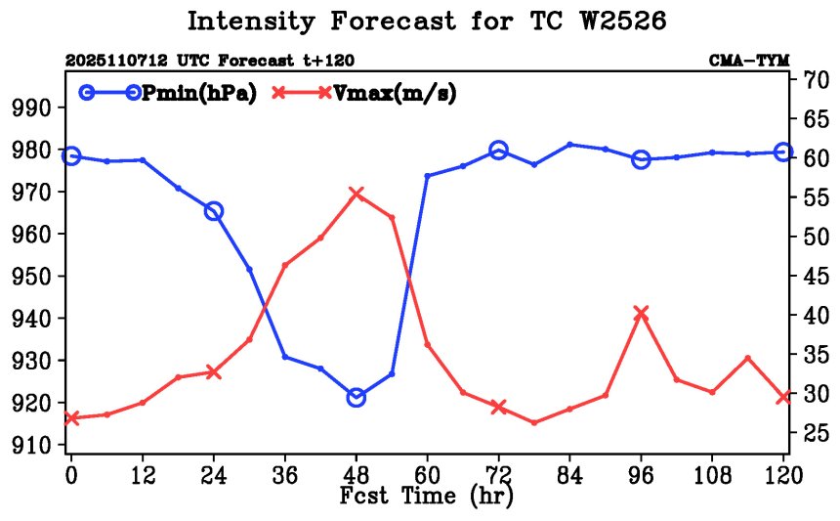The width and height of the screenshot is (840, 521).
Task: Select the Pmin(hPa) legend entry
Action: point(186,93)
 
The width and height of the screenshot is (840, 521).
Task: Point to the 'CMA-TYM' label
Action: point(749,61)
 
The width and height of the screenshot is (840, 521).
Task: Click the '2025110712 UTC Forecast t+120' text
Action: point(210,61)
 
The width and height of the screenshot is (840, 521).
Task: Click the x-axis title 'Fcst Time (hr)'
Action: point(426,496)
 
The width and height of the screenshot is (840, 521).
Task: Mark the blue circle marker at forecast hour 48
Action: point(356,397)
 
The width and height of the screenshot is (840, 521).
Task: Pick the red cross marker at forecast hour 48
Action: point(356,194)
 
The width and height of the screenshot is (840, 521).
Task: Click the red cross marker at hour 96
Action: point(641,313)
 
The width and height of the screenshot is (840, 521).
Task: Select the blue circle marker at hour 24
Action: point(214,211)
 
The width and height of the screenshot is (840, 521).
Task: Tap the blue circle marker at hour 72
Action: point(498,150)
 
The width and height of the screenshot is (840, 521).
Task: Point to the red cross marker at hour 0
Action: point(71,418)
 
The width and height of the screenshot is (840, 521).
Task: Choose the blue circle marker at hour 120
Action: point(782,152)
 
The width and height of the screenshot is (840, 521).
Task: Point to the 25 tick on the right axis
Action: point(817,433)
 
